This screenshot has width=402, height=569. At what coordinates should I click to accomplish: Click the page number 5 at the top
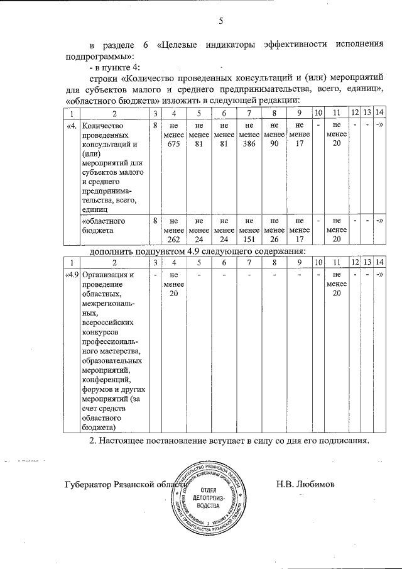pos(221,21)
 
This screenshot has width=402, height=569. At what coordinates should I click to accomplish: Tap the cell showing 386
pos(249,143)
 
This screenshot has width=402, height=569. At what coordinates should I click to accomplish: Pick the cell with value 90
pos(274,143)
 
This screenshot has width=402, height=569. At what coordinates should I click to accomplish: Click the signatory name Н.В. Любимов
pos(306,485)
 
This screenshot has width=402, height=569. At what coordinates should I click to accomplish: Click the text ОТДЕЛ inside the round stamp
pos(209,489)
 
